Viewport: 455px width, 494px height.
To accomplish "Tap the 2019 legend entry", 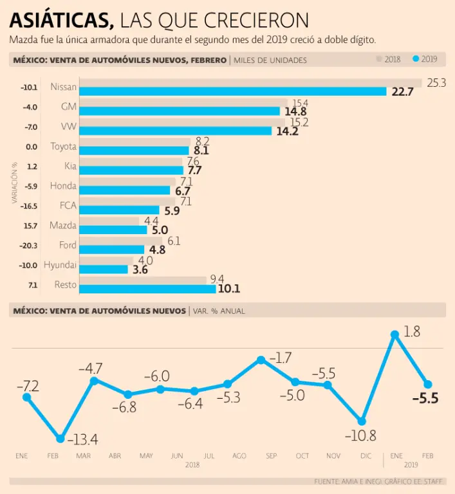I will click(425, 60).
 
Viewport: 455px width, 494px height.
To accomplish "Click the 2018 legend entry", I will click(389, 60).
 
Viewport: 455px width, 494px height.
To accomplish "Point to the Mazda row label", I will click(63, 226).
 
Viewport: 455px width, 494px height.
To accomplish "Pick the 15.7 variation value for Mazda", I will click(30, 226).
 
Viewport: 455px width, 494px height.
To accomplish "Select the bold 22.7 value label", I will click(402, 92).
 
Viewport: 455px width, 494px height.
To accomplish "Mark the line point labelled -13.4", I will click(60, 439).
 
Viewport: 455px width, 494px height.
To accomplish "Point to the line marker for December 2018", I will click(362, 421).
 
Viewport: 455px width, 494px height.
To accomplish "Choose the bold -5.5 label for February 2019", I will click(425, 399).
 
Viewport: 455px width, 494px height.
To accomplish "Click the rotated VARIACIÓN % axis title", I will click(14, 187).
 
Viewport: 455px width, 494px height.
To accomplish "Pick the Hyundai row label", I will click(60, 265).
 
